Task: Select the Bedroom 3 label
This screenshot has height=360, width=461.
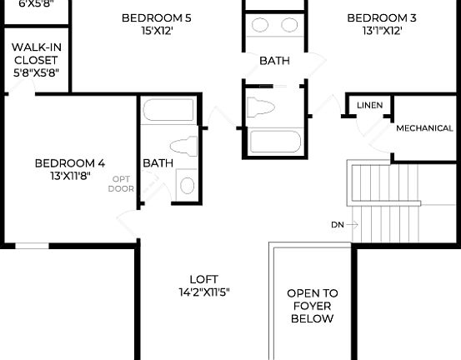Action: (x=382, y=17)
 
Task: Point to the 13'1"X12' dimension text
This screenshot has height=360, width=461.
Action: (x=382, y=31)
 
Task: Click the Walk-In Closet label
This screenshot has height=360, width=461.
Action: (x=35, y=61)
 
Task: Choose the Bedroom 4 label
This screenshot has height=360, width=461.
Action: (x=69, y=163)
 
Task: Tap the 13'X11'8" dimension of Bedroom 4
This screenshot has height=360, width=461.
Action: (x=69, y=177)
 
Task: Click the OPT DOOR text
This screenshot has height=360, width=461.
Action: (x=121, y=183)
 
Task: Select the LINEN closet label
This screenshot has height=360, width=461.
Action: (x=369, y=106)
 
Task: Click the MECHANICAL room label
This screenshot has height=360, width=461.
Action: (x=424, y=128)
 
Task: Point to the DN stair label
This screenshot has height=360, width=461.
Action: (x=337, y=225)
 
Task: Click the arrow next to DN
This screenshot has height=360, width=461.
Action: (x=352, y=225)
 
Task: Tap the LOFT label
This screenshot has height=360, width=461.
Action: (x=203, y=279)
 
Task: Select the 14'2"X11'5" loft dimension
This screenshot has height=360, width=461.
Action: (x=203, y=292)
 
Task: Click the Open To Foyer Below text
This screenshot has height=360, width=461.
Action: (x=313, y=306)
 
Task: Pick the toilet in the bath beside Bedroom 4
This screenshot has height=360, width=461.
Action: (x=183, y=146)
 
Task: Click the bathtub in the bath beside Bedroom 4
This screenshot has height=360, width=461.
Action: (x=168, y=111)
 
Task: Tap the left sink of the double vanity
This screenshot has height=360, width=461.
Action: (x=258, y=25)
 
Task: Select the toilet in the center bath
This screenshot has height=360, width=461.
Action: (x=262, y=107)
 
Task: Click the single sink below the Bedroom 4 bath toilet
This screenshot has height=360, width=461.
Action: (x=187, y=185)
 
